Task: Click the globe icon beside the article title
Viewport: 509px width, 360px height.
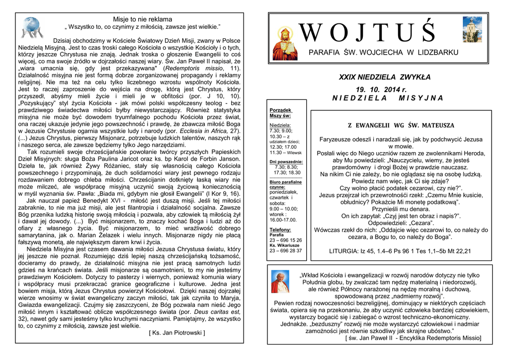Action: (x=32, y=27)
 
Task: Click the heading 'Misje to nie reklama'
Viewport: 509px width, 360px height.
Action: (x=143, y=19)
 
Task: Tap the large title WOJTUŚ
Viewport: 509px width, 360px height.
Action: (x=368, y=32)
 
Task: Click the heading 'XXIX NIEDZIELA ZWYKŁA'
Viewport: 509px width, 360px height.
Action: (x=385, y=77)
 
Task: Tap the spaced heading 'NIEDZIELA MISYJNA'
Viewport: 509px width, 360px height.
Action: (x=388, y=98)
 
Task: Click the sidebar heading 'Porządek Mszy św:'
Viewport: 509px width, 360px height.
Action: (x=281, y=112)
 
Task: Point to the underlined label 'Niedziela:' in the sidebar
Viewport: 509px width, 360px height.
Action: (x=280, y=125)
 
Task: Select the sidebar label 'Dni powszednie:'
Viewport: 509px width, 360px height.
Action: (x=286, y=162)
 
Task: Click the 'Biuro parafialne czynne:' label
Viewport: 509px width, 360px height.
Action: (x=285, y=184)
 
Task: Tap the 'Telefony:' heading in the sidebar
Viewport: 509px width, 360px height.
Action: (x=280, y=230)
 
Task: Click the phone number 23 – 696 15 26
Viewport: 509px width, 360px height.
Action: (x=285, y=240)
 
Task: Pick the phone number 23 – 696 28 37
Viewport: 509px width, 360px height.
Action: (x=285, y=251)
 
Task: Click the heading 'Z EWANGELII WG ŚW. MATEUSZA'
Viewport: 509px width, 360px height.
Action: (x=401, y=126)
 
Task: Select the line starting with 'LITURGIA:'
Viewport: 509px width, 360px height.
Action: (x=400, y=251)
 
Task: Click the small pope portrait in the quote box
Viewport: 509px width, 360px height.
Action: (x=280, y=282)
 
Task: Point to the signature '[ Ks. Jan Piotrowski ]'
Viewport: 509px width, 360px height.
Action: (x=177, y=333)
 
